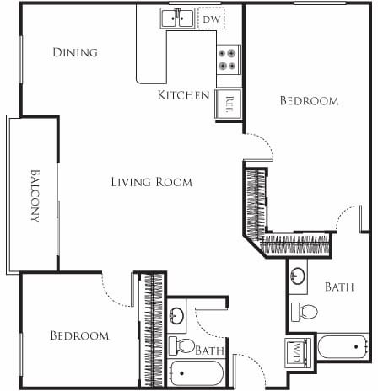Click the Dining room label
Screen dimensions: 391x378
coord(75,53)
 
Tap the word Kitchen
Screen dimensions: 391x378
coord(183,95)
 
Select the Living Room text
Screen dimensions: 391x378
coord(152,182)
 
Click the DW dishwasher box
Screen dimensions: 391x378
coord(212,18)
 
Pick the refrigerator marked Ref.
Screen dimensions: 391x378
coord(229,104)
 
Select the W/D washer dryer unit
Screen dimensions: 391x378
coord(300,350)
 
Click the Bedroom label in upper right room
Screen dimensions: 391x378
coord(309,101)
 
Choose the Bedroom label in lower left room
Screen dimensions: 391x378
coord(79,335)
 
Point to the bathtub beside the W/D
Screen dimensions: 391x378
coord(343,346)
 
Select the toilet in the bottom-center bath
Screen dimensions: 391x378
coord(181,345)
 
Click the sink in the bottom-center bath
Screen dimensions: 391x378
coord(177,316)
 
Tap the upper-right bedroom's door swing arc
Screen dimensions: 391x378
coord(261,149)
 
